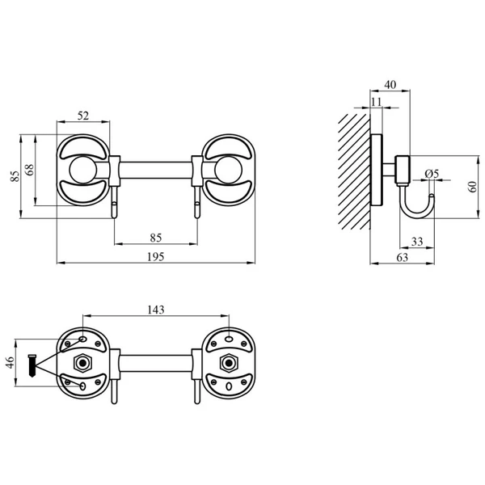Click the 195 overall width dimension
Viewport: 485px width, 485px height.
coord(155,257)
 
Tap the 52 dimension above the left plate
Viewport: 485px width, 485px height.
coord(83,116)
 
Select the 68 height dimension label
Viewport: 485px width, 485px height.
coord(30,170)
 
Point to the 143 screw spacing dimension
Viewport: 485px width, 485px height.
coord(155,310)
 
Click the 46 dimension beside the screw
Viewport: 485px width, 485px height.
coord(10,362)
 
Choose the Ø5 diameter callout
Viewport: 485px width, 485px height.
coord(432,174)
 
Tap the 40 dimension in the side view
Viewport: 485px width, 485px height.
coord(390,84)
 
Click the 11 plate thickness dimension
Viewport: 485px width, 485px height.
coord(376,102)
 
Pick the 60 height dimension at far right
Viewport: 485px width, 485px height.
coord(473,187)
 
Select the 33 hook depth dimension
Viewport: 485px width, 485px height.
coord(417,241)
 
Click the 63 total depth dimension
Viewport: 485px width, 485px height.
coord(402,257)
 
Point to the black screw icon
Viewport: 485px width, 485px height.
coord(32,365)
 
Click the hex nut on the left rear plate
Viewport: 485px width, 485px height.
coord(82,363)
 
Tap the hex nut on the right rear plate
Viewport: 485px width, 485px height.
coord(229,363)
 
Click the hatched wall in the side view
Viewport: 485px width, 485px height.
coord(355,171)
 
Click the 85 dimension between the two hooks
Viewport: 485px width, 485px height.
coord(155,238)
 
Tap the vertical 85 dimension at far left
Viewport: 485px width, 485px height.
coord(15,176)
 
